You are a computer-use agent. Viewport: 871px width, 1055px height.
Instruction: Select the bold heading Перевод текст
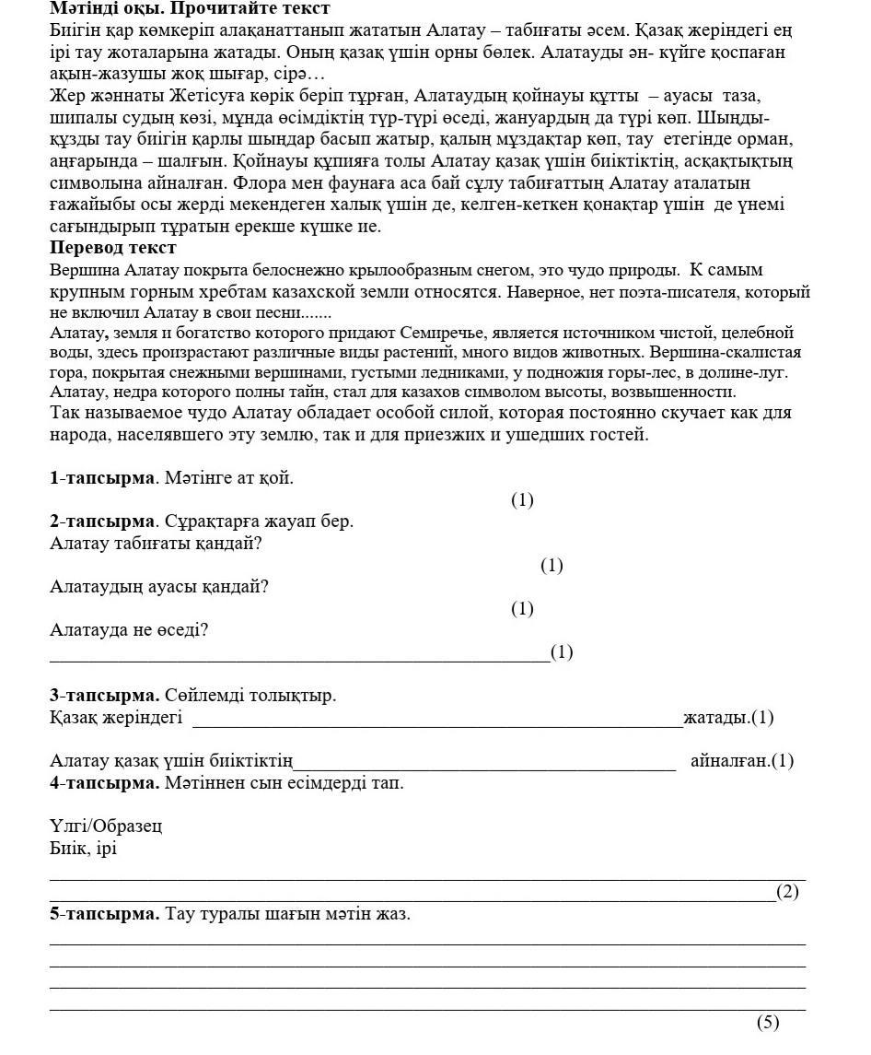(112, 248)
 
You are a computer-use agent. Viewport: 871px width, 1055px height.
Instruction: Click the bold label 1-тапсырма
(100, 477)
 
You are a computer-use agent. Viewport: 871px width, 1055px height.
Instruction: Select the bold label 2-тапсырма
(100, 522)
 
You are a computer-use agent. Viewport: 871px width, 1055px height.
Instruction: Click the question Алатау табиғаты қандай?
(156, 544)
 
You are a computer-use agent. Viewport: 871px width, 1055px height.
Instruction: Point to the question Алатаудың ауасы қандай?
(158, 587)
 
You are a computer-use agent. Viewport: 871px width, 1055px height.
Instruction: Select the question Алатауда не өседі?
(129, 630)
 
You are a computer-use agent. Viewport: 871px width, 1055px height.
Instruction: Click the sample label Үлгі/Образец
(106, 826)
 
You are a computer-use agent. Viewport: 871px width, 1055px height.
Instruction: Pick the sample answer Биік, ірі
(83, 849)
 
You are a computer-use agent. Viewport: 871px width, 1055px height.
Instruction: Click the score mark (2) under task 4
(787, 892)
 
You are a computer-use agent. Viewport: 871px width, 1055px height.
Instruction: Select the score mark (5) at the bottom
(768, 1022)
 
